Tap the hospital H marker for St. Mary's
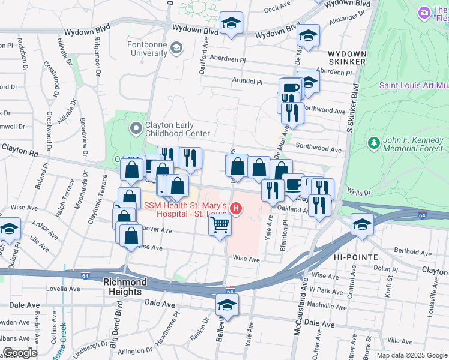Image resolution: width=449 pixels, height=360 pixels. (x=237, y=209)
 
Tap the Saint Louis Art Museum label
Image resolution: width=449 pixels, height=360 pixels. (x=414, y=85)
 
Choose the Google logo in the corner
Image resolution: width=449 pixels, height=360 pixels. (x=20, y=352)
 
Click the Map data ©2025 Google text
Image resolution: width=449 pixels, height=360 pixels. (x=412, y=355)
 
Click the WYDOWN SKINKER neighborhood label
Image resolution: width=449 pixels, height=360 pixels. (x=346, y=58)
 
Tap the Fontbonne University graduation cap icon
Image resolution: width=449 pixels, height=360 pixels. (x=176, y=47)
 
